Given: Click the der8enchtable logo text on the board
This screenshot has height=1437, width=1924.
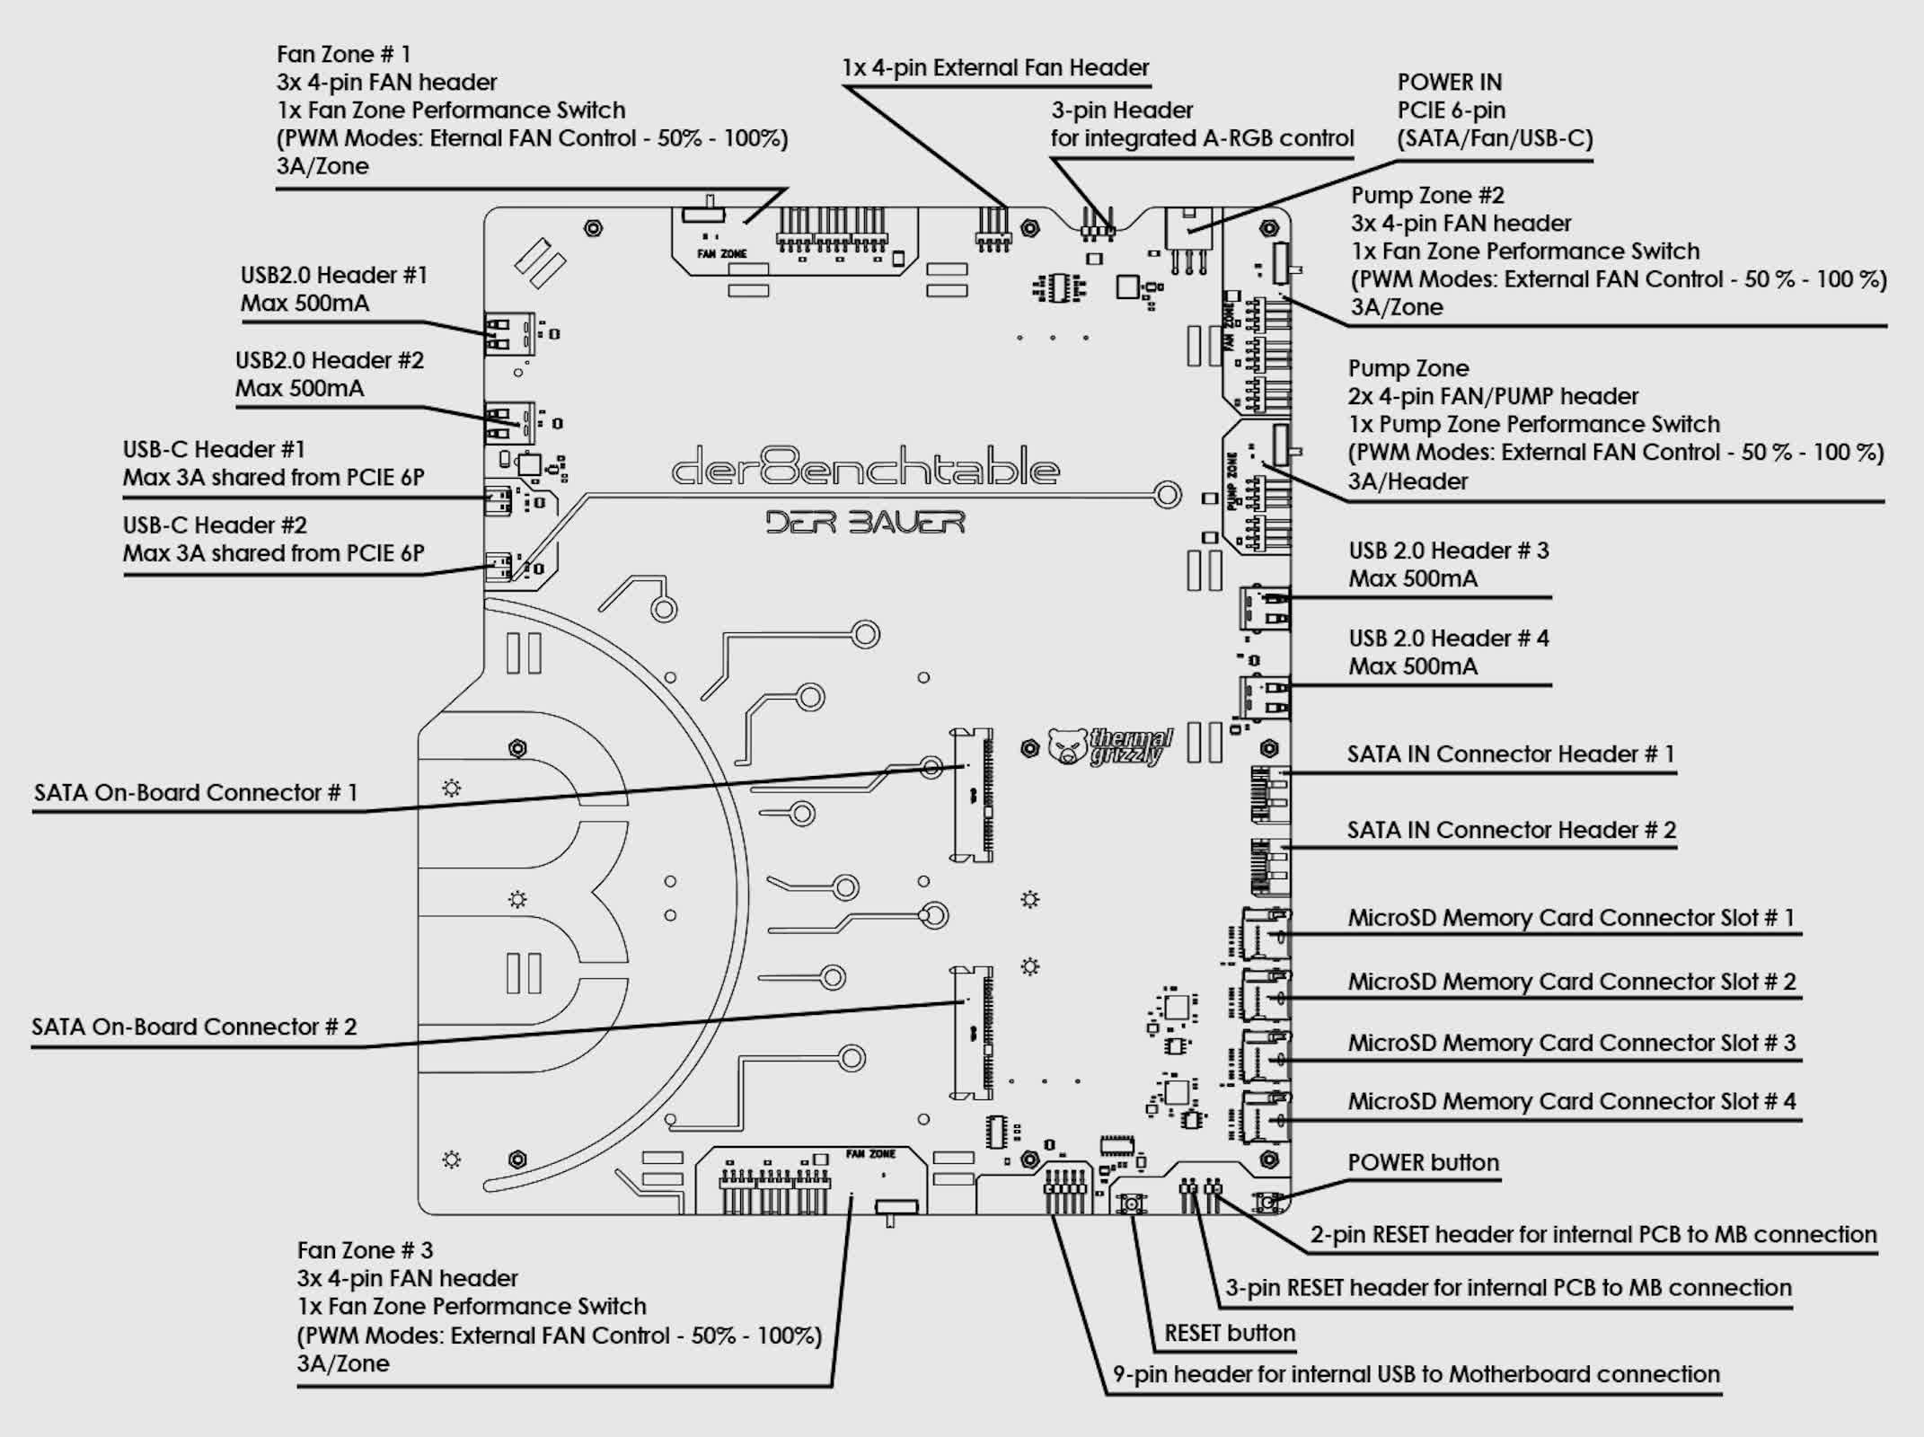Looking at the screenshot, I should pyautogui.click(x=866, y=468).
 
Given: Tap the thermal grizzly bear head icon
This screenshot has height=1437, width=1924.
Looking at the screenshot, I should pyautogui.click(x=1067, y=746).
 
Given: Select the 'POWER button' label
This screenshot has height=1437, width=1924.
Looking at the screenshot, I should pyautogui.click(x=1423, y=1162).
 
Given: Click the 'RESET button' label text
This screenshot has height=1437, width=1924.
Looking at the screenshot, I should pyautogui.click(x=1229, y=1333).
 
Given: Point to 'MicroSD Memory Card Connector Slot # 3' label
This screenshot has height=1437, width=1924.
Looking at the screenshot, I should pyautogui.click(x=1571, y=1043).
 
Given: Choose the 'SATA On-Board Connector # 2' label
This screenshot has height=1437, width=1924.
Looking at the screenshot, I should pyautogui.click(x=194, y=1027).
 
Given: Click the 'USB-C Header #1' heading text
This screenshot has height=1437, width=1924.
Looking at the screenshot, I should pyautogui.click(x=214, y=449).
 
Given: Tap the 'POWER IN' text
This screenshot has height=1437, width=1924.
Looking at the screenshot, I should pyautogui.click(x=1449, y=83).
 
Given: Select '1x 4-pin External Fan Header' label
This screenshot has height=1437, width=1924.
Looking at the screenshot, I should pyautogui.click(x=995, y=68).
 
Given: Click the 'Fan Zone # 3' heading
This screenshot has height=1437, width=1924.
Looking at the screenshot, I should pyautogui.click(x=365, y=1250).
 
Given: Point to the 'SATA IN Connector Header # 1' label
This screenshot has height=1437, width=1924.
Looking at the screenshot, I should pyautogui.click(x=1510, y=754).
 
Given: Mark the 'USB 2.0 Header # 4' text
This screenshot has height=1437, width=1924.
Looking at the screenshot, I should pyautogui.click(x=1448, y=639).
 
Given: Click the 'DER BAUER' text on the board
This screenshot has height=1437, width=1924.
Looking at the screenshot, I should pyautogui.click(x=865, y=522).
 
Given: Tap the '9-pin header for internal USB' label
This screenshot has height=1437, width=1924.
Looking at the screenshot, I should pyautogui.click(x=1416, y=1374).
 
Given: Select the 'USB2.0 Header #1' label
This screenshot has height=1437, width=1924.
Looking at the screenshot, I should pyautogui.click(x=333, y=275).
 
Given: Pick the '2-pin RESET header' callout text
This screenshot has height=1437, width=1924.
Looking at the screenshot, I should pyautogui.click(x=1593, y=1235).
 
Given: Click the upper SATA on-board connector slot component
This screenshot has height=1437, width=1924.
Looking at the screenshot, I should pyautogui.click(x=974, y=795).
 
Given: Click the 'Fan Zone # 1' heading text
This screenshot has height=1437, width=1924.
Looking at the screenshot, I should pyautogui.click(x=343, y=55).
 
